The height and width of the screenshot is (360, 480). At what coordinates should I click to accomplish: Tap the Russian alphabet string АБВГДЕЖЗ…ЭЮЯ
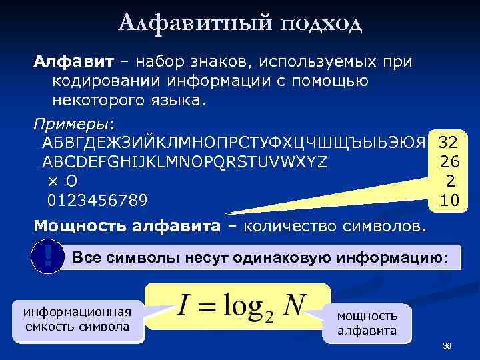233,143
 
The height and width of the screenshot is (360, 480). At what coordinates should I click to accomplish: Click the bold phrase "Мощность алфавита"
127,225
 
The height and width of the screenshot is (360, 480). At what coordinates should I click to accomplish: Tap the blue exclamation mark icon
47,256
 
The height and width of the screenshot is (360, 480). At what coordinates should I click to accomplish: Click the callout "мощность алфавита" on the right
367,323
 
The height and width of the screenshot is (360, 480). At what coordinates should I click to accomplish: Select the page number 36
447,345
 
